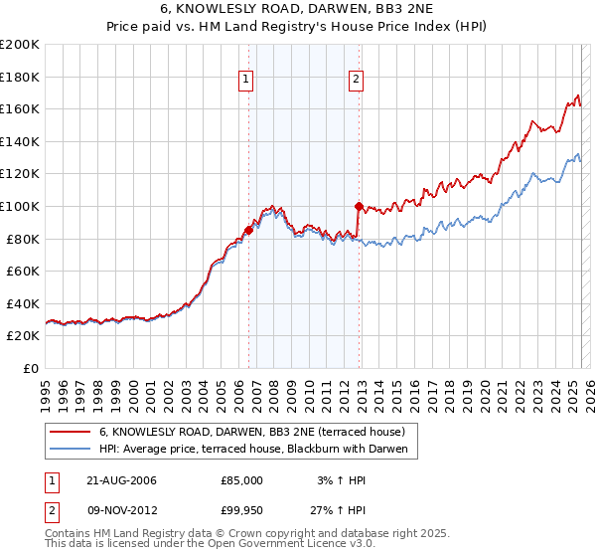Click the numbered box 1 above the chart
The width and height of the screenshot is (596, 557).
(x=245, y=83)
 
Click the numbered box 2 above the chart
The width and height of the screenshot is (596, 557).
(x=356, y=83)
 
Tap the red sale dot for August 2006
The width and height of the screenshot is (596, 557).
(x=248, y=230)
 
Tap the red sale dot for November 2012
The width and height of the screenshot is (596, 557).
(x=358, y=206)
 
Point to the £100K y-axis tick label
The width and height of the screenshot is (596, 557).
(x=21, y=206)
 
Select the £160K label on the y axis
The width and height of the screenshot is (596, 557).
(x=21, y=108)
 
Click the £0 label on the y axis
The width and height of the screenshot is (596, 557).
(x=32, y=368)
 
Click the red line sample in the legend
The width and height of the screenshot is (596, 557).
(x=70, y=433)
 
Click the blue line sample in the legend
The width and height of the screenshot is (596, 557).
(x=70, y=450)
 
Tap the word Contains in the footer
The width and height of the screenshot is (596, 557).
(x=68, y=535)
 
